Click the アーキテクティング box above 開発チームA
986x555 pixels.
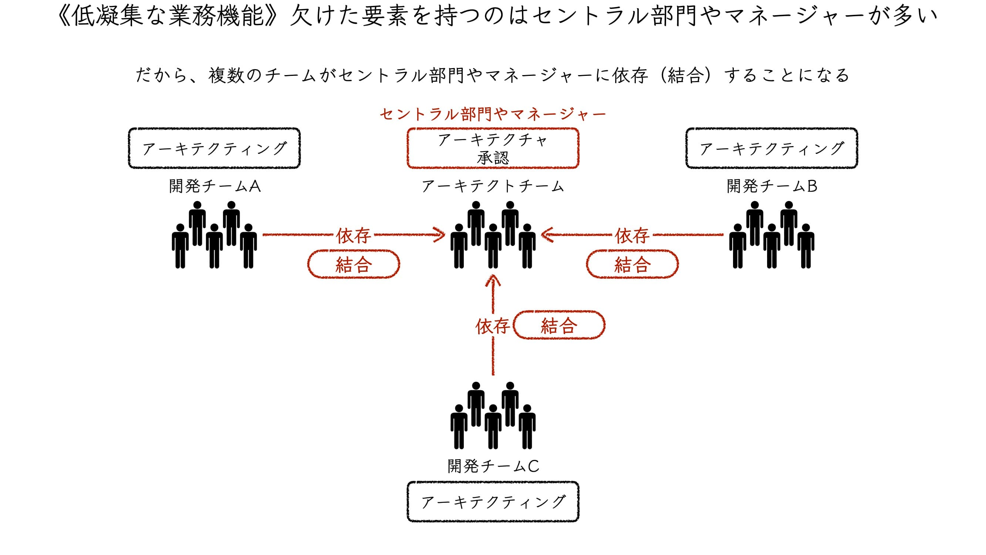215,148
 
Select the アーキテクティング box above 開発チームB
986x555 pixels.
771,148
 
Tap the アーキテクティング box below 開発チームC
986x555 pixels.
493,502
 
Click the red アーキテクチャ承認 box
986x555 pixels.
493,148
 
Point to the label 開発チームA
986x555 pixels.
215,186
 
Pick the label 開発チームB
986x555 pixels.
772,186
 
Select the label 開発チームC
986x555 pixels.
493,466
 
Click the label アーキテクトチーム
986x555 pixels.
493,186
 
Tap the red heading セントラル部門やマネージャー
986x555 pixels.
493,114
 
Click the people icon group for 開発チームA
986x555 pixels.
215,235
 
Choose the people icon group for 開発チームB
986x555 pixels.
771,235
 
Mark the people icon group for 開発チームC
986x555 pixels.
493,416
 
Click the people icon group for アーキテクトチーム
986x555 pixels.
493,235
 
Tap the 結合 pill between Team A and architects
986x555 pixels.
354,264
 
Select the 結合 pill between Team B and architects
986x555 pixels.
632,264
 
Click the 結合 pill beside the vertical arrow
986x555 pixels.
559,325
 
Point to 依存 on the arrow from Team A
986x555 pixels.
353,235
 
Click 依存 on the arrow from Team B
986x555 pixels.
632,235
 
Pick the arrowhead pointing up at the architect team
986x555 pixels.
493,281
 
